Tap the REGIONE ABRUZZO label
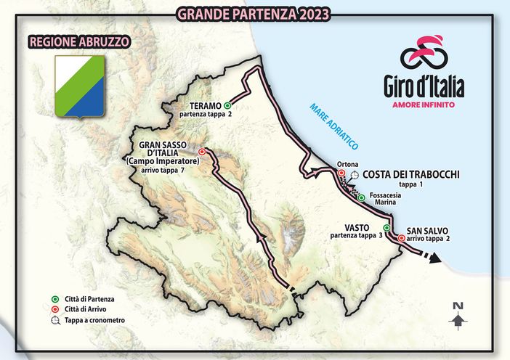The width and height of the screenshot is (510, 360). coord(79,41)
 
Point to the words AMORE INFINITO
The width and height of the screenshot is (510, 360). coord(424,105)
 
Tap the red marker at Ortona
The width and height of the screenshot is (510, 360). coord(341,173)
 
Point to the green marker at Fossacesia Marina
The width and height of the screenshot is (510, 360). coord(361,197)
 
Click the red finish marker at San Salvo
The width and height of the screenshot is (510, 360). coord(401,237)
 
